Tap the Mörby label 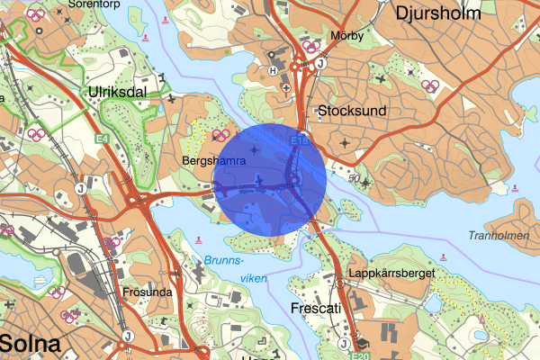click(x=346, y=37)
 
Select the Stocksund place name click(x=352, y=111)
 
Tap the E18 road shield click(x=300, y=141)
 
